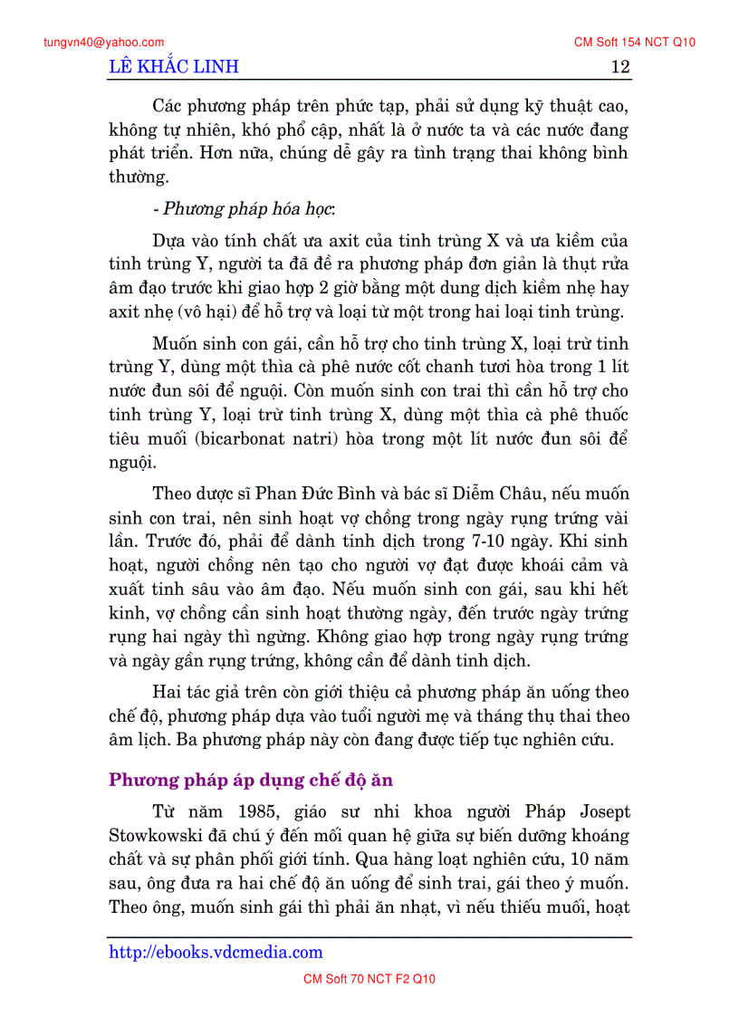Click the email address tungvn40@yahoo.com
pos(103,42)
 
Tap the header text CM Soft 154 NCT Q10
pos(635,42)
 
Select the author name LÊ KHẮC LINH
pos(174,67)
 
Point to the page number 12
pos(620,67)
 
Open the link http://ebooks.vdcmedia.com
pos(216,952)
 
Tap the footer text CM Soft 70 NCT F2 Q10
pos(369,979)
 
